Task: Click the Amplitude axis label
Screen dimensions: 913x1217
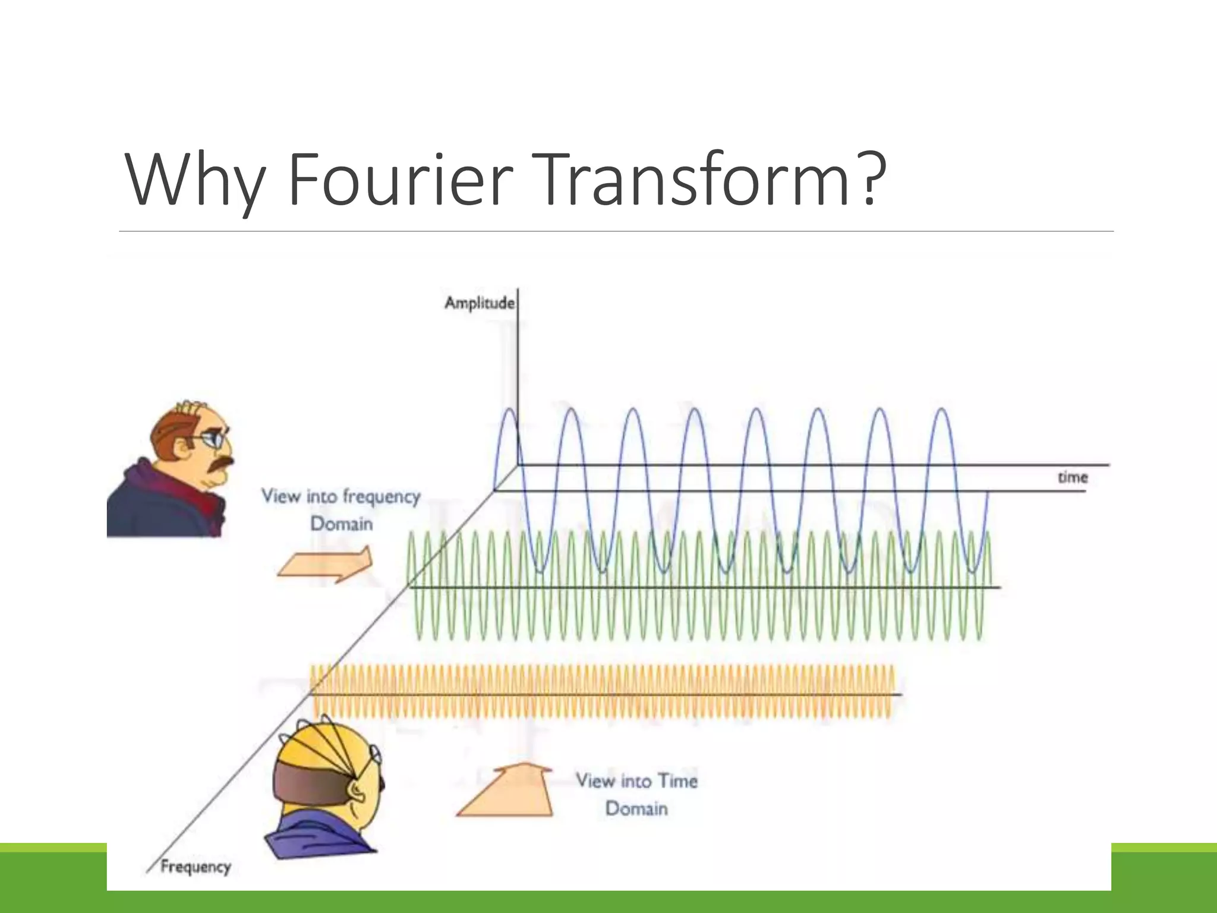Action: click(479, 303)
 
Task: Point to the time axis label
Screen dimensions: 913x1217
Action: click(1073, 477)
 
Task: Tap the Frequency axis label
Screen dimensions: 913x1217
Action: click(196, 867)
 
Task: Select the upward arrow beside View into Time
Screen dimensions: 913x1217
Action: click(506, 792)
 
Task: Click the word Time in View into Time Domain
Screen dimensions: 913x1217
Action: click(677, 780)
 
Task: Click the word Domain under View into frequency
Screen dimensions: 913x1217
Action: click(342, 524)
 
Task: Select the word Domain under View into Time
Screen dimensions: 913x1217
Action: click(636, 808)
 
